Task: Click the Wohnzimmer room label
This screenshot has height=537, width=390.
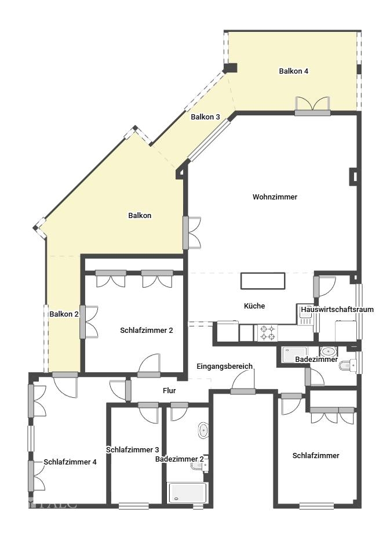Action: point(275,197)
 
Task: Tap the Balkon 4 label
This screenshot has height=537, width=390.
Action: point(293,71)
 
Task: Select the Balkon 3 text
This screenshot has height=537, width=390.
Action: point(205,117)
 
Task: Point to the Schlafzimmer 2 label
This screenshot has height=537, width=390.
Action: point(147,331)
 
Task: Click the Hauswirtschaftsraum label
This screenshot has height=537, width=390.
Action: point(337,310)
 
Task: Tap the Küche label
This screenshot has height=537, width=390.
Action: point(254,306)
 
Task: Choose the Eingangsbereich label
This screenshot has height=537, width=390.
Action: point(224,367)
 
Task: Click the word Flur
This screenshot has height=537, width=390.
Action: point(169,391)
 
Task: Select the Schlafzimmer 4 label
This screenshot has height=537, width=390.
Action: point(70,462)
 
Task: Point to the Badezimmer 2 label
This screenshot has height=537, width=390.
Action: point(179,459)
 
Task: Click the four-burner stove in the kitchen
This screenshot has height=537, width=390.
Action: point(267,332)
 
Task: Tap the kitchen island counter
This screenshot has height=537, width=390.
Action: point(263,281)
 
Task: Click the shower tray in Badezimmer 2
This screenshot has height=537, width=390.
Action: point(187,492)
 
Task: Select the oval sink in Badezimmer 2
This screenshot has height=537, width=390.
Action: point(203,430)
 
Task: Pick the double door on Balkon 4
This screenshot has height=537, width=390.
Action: point(312,105)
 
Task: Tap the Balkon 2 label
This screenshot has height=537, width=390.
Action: point(64,314)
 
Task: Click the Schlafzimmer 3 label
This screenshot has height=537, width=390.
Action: point(133,449)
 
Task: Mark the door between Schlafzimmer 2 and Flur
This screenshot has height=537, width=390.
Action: point(149,366)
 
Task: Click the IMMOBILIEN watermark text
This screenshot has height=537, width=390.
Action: point(50,513)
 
